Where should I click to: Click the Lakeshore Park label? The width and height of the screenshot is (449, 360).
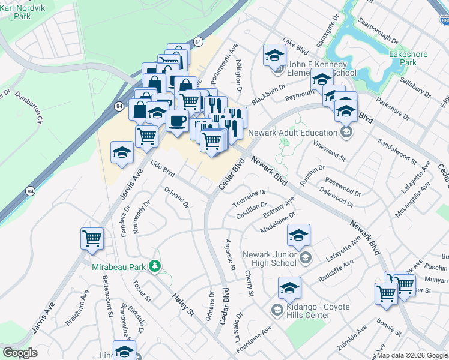408,58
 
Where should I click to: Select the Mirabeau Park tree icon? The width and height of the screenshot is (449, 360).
155,265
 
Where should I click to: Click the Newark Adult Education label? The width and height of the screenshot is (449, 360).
300,133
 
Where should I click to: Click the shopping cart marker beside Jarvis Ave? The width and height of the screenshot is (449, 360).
92,239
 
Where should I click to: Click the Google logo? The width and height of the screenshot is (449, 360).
20,353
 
